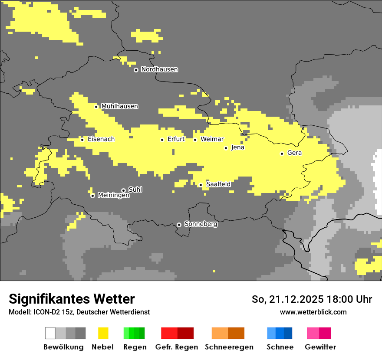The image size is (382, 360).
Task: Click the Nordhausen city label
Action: [x=159, y=69]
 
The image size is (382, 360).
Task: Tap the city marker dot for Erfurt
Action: [x=162, y=140]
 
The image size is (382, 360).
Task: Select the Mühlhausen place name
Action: [x=119, y=106]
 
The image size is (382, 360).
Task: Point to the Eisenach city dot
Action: [x=82, y=139]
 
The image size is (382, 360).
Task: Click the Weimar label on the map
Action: [x=212, y=139]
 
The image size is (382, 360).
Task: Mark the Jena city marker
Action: [x=226, y=148]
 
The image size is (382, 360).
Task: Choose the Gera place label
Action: [x=294, y=153]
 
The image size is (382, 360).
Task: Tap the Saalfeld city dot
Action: [x=201, y=185]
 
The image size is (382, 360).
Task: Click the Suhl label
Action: [x=135, y=190]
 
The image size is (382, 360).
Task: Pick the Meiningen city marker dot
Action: [x=92, y=196]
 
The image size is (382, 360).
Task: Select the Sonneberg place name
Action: [x=201, y=224]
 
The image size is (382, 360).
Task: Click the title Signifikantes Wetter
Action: [x=72, y=299]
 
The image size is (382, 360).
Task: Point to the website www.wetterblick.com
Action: [x=313, y=312]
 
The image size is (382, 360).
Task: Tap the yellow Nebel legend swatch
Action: [x=103, y=333]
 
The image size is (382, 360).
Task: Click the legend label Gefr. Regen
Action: [x=177, y=347]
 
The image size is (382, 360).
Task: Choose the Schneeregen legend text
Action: [x=229, y=347]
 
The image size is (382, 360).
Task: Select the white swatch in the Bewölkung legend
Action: [x=50, y=333]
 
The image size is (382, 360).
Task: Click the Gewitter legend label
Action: [x=320, y=347]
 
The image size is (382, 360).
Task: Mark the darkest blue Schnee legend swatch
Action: [x=288, y=333]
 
